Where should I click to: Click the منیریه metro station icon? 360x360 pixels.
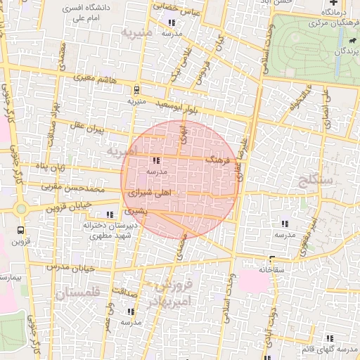coord(136,90)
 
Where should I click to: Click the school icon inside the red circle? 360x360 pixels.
coord(155,160)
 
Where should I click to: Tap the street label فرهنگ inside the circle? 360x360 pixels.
coord(217,160)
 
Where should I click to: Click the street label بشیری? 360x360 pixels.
coord(136,210)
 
